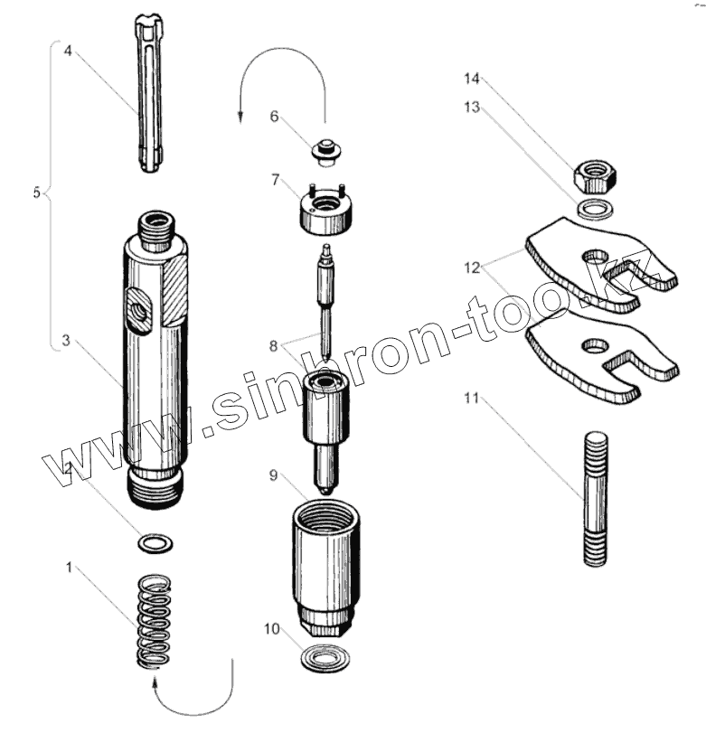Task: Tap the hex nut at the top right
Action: point(594,174)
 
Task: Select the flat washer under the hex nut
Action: point(593,210)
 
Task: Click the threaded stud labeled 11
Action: point(595,496)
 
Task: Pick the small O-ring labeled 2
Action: point(154,543)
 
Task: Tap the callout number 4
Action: point(68,52)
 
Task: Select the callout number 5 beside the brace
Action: point(36,193)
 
